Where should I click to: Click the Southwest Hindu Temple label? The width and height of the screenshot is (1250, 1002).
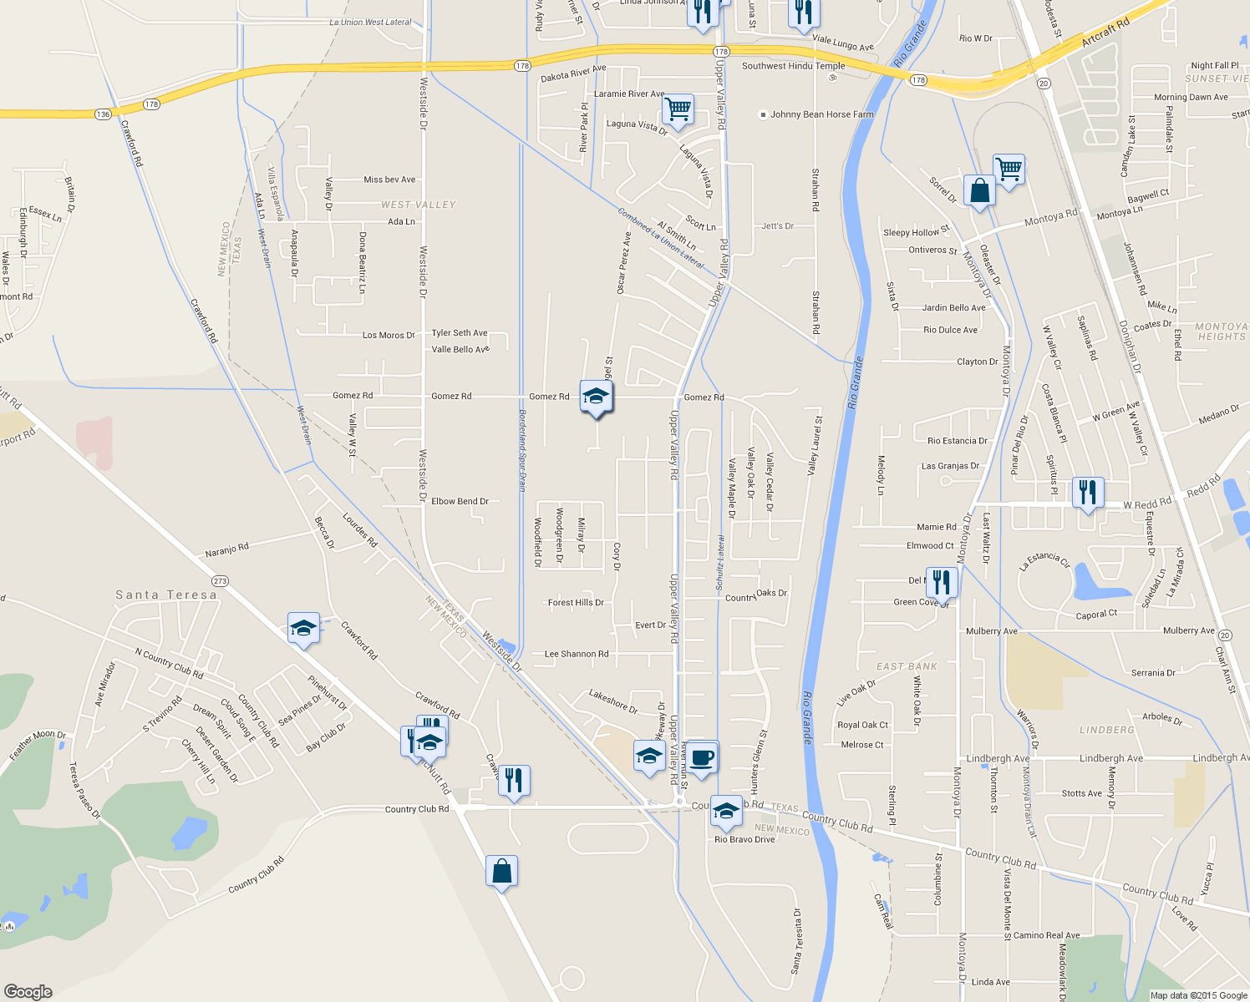tap(793, 66)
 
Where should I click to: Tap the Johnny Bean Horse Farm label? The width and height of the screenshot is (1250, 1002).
tap(821, 114)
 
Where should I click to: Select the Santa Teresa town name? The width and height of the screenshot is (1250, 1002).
tap(165, 595)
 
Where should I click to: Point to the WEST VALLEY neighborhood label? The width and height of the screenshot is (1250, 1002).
tap(419, 205)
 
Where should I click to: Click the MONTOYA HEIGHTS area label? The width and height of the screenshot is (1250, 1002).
tap(1221, 331)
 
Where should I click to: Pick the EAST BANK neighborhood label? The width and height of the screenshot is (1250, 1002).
tap(907, 666)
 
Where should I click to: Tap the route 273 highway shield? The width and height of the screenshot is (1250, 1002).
tap(220, 581)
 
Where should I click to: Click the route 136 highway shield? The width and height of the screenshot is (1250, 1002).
tap(103, 114)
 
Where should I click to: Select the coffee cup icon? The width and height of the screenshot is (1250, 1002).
tap(702, 757)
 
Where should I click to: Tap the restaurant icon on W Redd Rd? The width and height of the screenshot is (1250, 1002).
tap(1087, 493)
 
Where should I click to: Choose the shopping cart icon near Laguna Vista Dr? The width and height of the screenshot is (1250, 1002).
tap(678, 109)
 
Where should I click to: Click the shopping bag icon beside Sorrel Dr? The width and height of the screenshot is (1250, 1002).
tap(979, 190)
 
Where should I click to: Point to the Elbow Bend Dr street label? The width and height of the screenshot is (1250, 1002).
tap(460, 502)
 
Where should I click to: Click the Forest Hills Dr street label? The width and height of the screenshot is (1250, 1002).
tap(576, 603)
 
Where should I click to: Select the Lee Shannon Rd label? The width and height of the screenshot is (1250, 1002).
tap(577, 655)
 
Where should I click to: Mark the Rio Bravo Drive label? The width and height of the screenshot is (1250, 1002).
tap(744, 839)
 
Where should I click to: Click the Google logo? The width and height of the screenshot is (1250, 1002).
tap(28, 992)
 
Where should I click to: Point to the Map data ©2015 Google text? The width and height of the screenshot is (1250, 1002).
tap(1198, 995)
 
